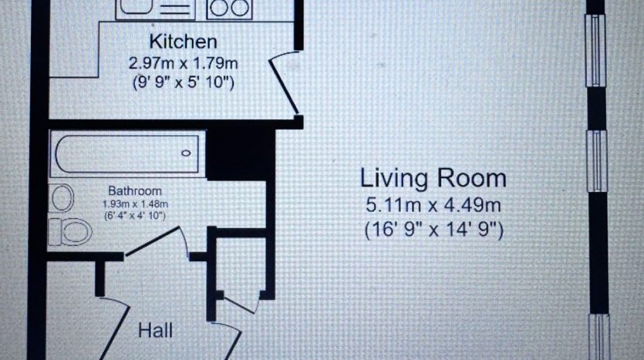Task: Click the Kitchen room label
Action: coord(184,42)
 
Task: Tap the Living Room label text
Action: coord(433,178)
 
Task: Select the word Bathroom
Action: coord(135,191)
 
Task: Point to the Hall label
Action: coord(155,331)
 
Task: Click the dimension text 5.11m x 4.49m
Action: coord(433,205)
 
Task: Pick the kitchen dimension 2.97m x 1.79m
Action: coord(184,63)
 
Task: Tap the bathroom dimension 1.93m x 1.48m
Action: coord(135,204)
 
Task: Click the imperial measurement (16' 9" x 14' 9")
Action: coord(433,230)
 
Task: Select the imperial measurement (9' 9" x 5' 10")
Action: coord(184,82)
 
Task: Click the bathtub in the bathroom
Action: coord(127,154)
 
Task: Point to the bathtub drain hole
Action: coord(186,153)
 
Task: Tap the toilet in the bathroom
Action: coord(70,232)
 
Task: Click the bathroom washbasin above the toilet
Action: coord(62,198)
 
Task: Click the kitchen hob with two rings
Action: coord(229,9)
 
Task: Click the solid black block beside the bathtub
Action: coord(241,154)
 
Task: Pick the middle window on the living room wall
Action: coord(596,161)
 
